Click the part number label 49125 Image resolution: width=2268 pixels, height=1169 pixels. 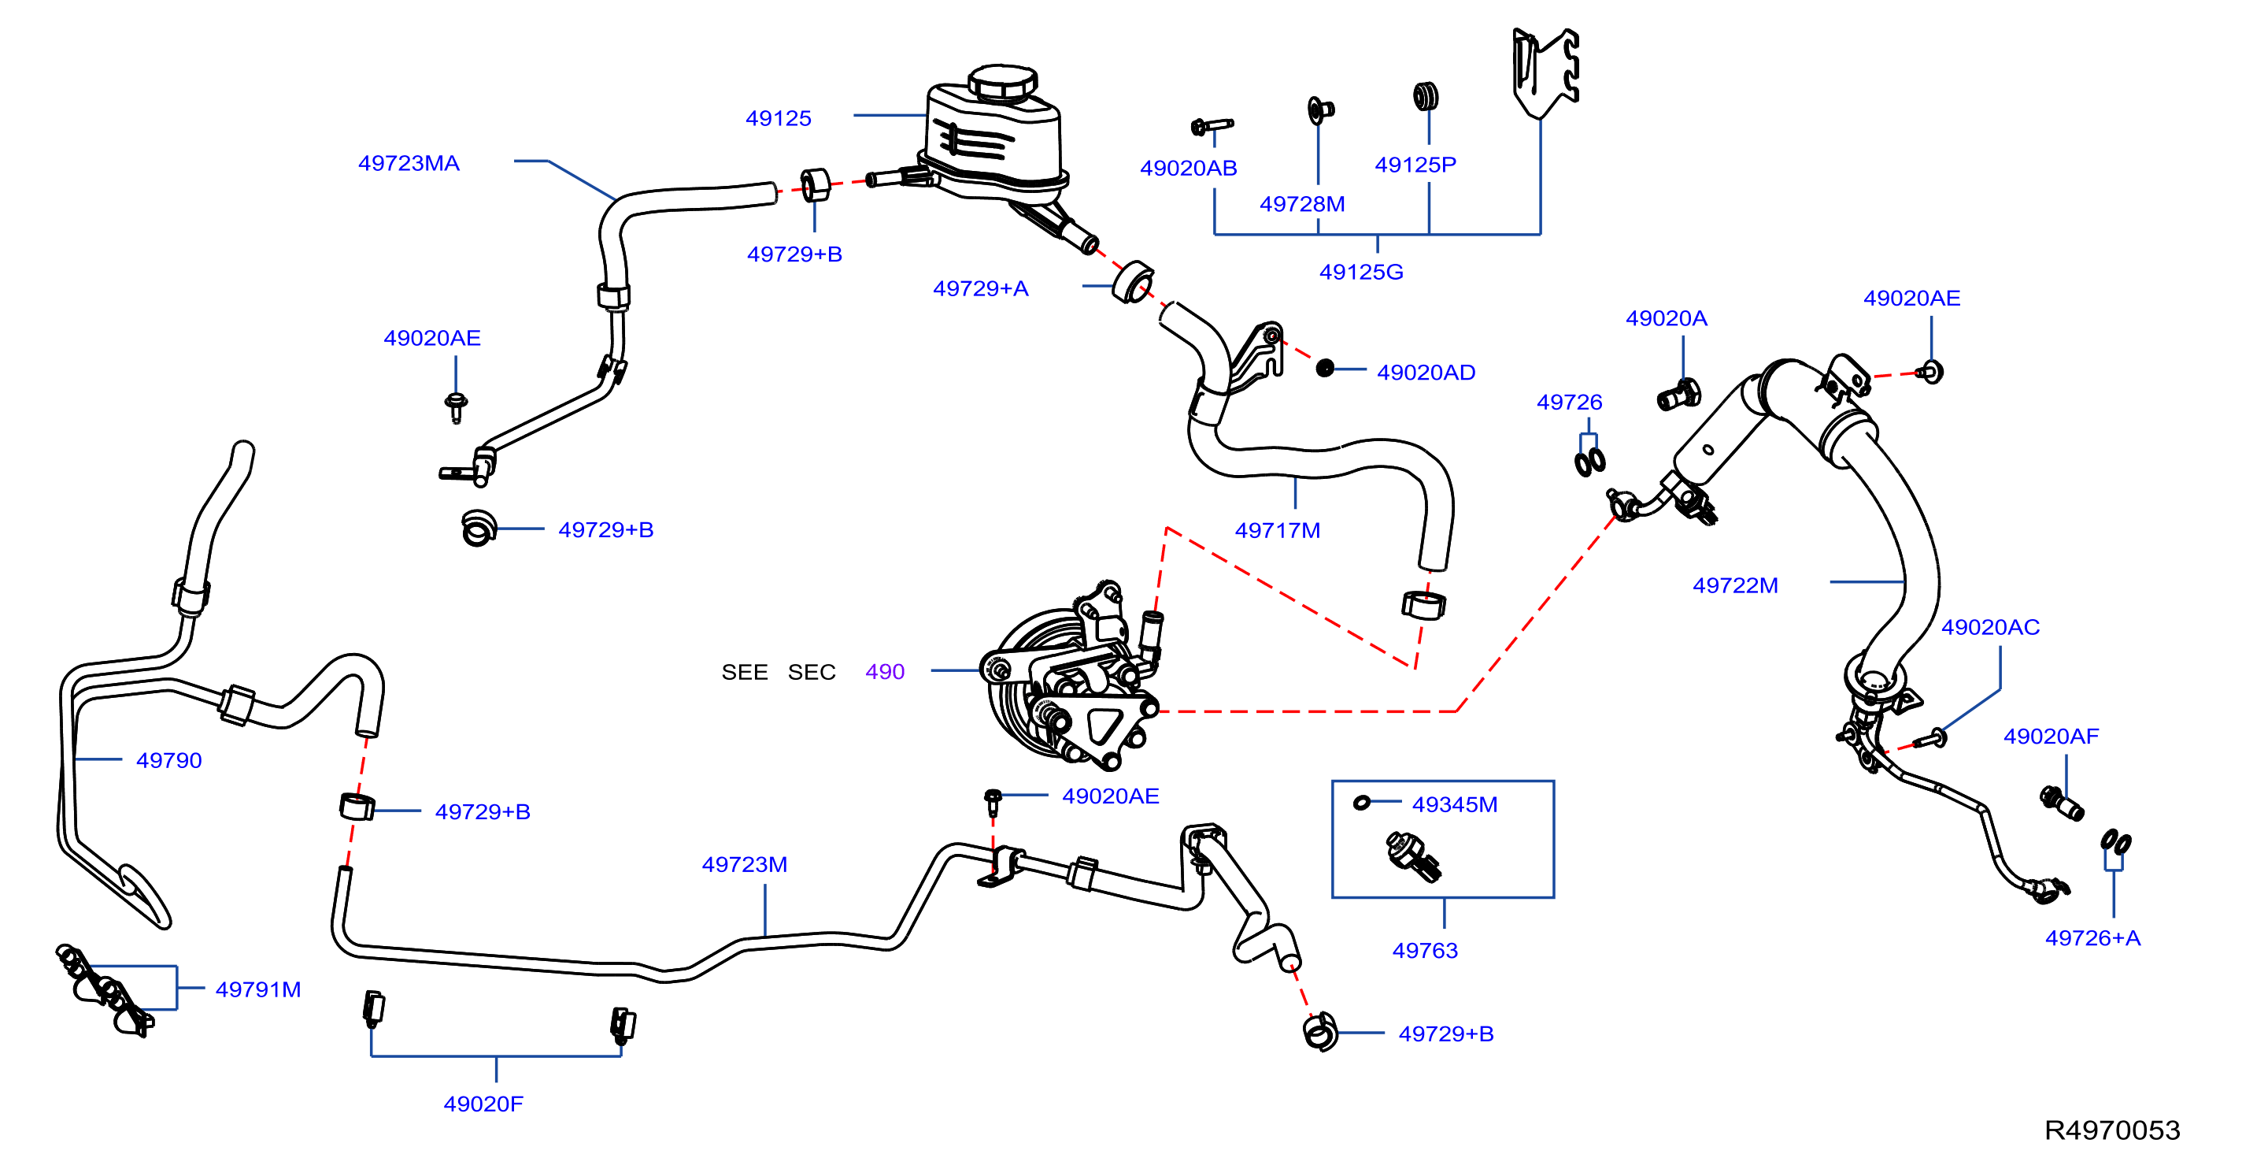779,118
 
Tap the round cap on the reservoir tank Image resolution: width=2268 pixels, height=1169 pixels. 1003,81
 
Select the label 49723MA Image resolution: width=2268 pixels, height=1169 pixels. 409,163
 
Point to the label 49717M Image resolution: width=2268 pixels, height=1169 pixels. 1278,530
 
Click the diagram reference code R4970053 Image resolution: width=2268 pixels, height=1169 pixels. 2112,1130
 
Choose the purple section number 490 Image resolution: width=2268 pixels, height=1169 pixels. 885,672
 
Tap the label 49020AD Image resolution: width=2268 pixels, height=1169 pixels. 1426,373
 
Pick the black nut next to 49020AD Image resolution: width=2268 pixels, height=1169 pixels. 1325,368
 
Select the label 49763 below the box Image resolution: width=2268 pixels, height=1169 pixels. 1426,951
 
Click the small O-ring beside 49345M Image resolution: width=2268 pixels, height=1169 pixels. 1362,803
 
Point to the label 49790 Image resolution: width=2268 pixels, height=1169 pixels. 169,760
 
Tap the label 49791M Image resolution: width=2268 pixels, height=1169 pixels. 258,989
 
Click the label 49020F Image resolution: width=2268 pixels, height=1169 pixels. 483,1104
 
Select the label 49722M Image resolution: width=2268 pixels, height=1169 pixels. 1735,585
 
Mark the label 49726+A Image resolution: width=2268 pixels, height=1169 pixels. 2092,938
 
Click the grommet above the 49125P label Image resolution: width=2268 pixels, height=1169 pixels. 1426,96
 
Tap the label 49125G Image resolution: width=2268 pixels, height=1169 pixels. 1361,273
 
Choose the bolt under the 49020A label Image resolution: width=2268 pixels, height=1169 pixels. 1679,395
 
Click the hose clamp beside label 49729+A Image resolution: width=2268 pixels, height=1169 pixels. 1133,282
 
